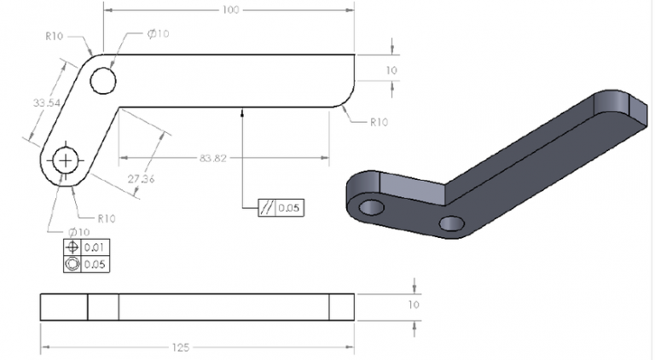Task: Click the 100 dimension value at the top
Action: [x=229, y=9]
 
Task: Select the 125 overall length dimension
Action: [x=179, y=348]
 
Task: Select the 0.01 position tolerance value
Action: [x=95, y=247]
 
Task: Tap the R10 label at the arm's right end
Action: [x=379, y=122]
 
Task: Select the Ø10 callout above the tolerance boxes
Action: [x=78, y=232]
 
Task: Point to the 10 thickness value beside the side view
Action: [x=414, y=305]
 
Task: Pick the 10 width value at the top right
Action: [x=391, y=70]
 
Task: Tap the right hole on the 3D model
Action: [x=451, y=224]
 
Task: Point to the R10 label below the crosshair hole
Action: [x=106, y=218]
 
